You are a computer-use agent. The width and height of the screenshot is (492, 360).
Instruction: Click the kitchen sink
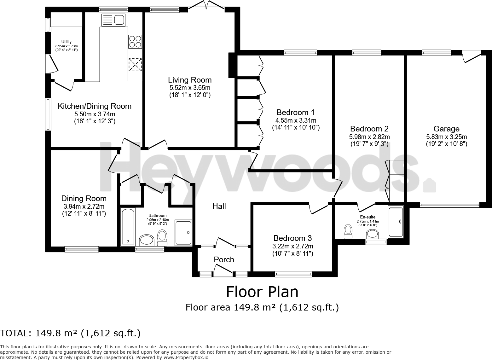113,20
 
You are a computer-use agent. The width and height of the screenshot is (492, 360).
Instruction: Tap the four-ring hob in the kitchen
135,41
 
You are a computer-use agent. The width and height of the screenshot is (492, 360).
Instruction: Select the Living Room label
189,80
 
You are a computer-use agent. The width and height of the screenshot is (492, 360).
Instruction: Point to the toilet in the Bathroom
162,237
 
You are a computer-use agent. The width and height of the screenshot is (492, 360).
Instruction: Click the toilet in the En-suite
348,232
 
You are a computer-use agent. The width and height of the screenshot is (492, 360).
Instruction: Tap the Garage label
446,129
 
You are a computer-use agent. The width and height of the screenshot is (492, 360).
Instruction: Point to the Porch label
224,260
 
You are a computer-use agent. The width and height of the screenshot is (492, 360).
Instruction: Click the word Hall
219,206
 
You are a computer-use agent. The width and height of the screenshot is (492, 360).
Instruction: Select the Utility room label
67,42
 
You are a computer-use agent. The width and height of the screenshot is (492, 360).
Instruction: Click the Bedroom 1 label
295,113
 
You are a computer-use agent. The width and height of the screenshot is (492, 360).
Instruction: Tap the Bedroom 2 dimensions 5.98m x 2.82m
369,137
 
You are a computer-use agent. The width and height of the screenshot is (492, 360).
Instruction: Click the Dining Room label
84,199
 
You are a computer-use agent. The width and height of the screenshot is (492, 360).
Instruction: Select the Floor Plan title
262,292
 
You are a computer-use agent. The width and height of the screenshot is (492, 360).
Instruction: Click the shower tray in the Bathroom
183,232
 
